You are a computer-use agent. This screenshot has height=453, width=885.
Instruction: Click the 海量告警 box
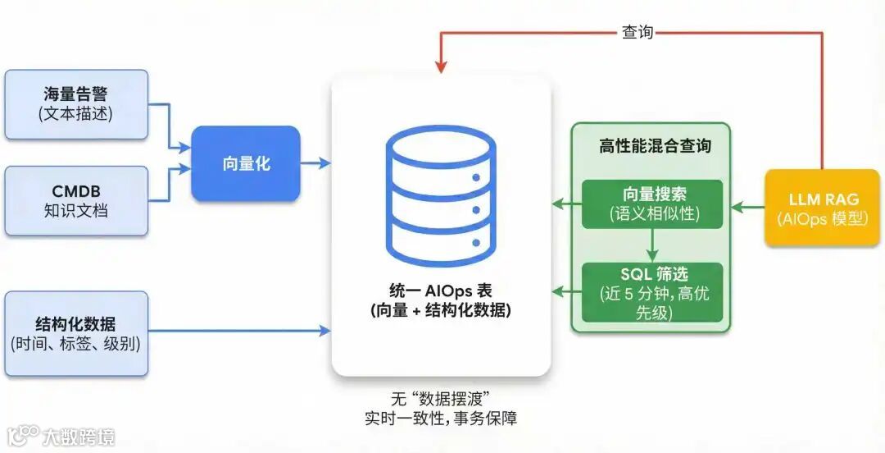pyautogui.click(x=76, y=104)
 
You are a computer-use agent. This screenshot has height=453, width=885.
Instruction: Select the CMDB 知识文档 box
pyautogui.click(x=76, y=201)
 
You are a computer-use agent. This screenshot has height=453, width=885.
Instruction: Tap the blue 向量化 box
pyautogui.click(x=246, y=163)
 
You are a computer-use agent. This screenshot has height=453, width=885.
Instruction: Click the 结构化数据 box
pyautogui.click(x=76, y=333)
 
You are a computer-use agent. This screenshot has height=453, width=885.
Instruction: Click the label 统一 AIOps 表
pyautogui.click(x=441, y=291)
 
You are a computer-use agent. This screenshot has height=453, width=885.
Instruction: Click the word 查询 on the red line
pyautogui.click(x=638, y=32)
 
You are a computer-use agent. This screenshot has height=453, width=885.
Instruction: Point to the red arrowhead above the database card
pyautogui.click(x=441, y=64)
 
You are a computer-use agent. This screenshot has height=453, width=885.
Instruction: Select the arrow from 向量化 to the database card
pyautogui.click(x=315, y=163)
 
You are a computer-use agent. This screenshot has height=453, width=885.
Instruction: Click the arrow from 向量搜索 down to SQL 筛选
pyautogui.click(x=653, y=245)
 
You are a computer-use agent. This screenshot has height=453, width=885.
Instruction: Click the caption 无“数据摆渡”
pyautogui.click(x=441, y=400)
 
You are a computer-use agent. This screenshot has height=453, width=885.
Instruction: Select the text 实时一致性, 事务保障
pyautogui.click(x=441, y=419)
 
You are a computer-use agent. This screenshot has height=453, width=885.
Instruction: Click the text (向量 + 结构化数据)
pyautogui.click(x=441, y=311)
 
